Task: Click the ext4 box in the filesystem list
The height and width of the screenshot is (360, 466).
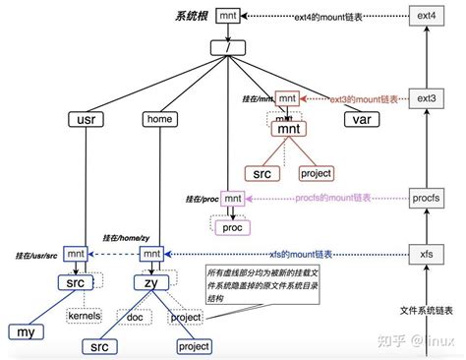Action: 426,17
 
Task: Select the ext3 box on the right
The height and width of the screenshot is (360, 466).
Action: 426,99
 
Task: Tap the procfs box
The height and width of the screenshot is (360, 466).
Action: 426,199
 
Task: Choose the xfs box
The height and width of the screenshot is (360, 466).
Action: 426,255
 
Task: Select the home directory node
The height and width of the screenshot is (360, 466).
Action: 158,120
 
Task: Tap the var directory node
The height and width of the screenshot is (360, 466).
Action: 357,120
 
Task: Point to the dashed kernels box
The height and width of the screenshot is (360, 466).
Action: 85,316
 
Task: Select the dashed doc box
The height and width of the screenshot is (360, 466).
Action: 136,316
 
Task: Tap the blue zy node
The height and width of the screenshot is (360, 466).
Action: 151,283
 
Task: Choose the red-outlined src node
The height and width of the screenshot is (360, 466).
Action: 262,173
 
